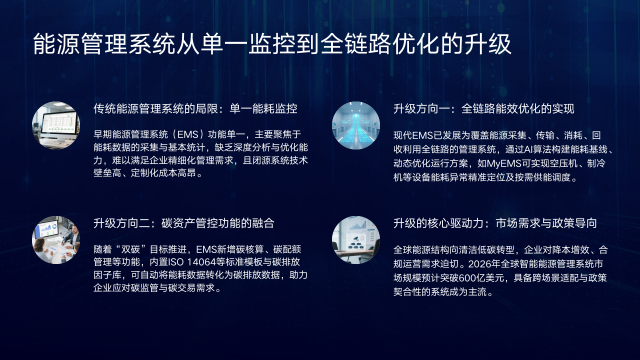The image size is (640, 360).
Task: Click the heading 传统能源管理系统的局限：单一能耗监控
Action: [196, 108]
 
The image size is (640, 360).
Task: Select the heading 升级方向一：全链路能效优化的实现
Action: [484, 108]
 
